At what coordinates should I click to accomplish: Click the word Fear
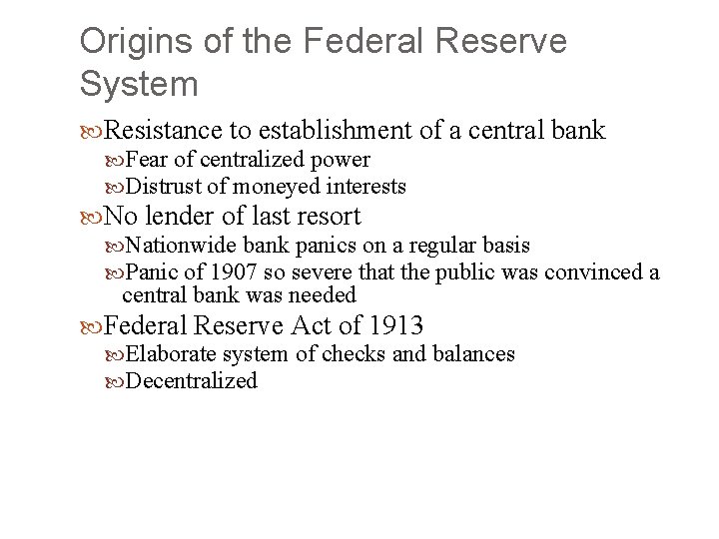pyautogui.click(x=149, y=160)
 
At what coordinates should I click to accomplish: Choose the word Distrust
pyautogui.click(x=167, y=186)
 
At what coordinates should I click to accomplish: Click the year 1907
pyautogui.click(x=237, y=271)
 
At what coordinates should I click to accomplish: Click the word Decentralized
pyautogui.click(x=192, y=380)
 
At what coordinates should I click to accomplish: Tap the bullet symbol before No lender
pyautogui.click(x=93, y=217)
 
